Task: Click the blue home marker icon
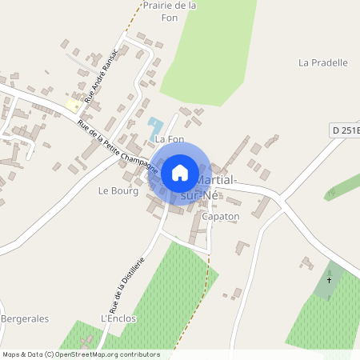180,172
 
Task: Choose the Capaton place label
221,217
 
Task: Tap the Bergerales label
25,318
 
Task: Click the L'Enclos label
118,318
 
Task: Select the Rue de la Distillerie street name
126,285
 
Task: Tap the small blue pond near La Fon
154,126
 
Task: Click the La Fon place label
164,139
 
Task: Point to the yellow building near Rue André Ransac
74,105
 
